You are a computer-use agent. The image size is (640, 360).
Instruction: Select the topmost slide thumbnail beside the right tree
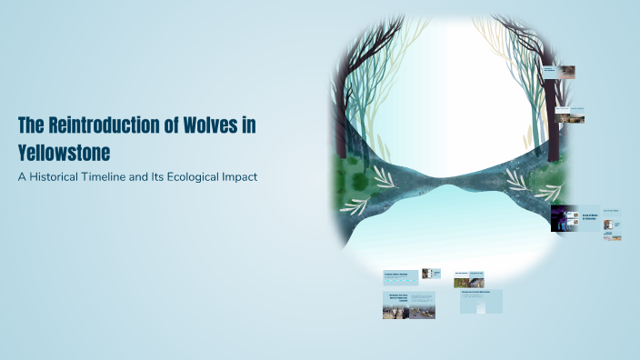pos(559,71)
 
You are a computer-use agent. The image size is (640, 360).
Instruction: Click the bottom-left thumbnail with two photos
pos(408,305)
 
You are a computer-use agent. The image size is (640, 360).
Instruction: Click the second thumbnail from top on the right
pos(570,115)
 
